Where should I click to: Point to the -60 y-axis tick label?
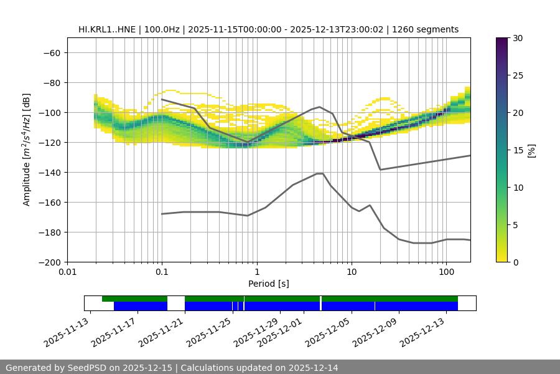pyautogui.click(x=52, y=52)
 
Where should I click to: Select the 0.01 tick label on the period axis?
pyautogui.click(x=67, y=272)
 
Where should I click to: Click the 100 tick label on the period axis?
pyautogui.click(x=446, y=272)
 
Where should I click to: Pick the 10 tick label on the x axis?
pyautogui.click(x=352, y=272)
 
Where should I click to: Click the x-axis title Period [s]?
pyautogui.click(x=268, y=284)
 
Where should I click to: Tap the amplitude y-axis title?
pyautogui.click(x=26, y=150)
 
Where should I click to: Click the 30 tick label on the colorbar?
pyautogui.click(x=517, y=38)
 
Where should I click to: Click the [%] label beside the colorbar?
pyautogui.click(x=531, y=150)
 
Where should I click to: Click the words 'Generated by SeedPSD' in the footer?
pyautogui.click(x=57, y=368)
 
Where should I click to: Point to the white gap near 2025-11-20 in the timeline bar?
pyautogui.click(x=176, y=303)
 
